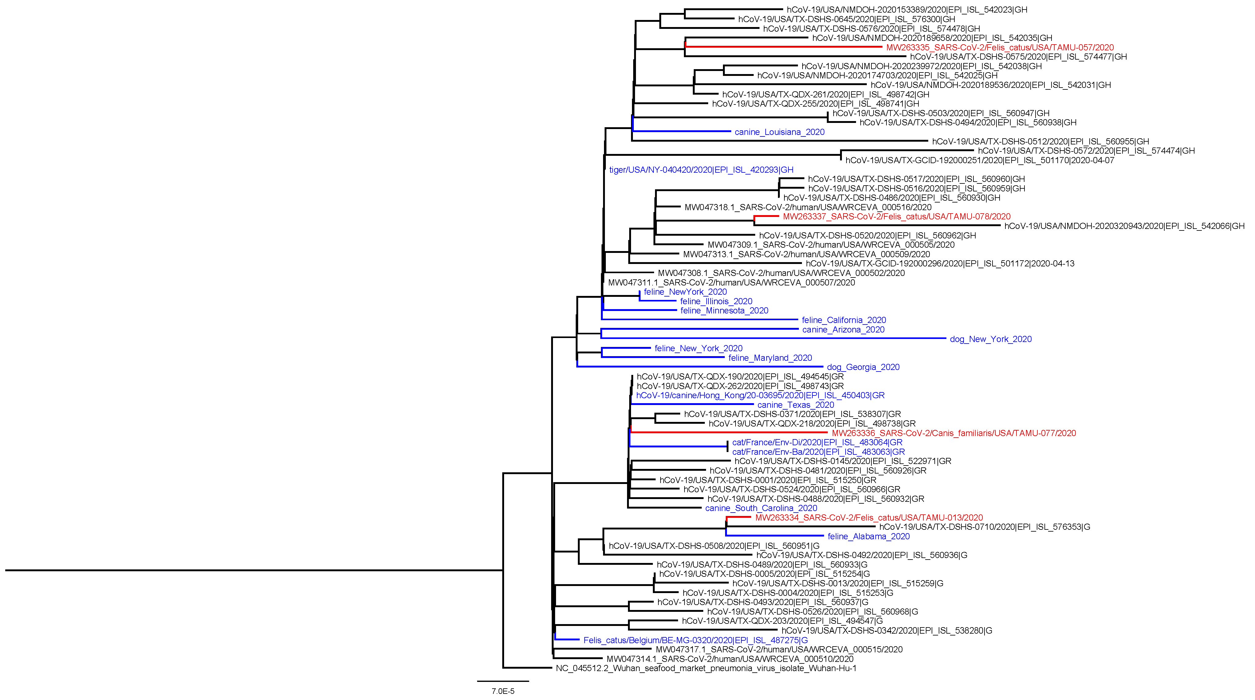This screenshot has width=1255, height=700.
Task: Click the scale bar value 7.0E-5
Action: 503,691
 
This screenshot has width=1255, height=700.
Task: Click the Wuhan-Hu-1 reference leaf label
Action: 706,668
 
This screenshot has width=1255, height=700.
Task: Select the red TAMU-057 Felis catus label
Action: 1000,48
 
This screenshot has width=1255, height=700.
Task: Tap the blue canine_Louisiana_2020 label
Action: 779,132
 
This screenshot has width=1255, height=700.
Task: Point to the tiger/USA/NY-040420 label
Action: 701,170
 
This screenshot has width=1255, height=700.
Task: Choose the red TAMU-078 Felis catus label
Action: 896,217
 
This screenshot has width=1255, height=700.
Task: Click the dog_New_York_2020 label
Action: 990,339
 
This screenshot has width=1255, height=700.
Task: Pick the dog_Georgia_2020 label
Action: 863,367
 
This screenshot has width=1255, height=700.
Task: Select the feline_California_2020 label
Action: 844,320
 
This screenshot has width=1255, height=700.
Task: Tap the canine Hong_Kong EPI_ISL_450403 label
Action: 760,395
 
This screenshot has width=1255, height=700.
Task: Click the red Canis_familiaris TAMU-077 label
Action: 953,433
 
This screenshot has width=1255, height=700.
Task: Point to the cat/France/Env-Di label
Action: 817,442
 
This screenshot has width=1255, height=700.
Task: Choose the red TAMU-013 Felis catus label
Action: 869,518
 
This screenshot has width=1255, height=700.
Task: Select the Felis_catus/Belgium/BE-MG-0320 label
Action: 695,640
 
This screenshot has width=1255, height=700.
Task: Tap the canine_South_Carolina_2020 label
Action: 761,508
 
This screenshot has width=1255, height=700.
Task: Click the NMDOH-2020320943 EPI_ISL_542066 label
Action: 1124,226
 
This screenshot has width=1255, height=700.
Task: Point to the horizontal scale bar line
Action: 503,681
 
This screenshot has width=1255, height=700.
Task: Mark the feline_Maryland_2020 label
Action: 770,358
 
